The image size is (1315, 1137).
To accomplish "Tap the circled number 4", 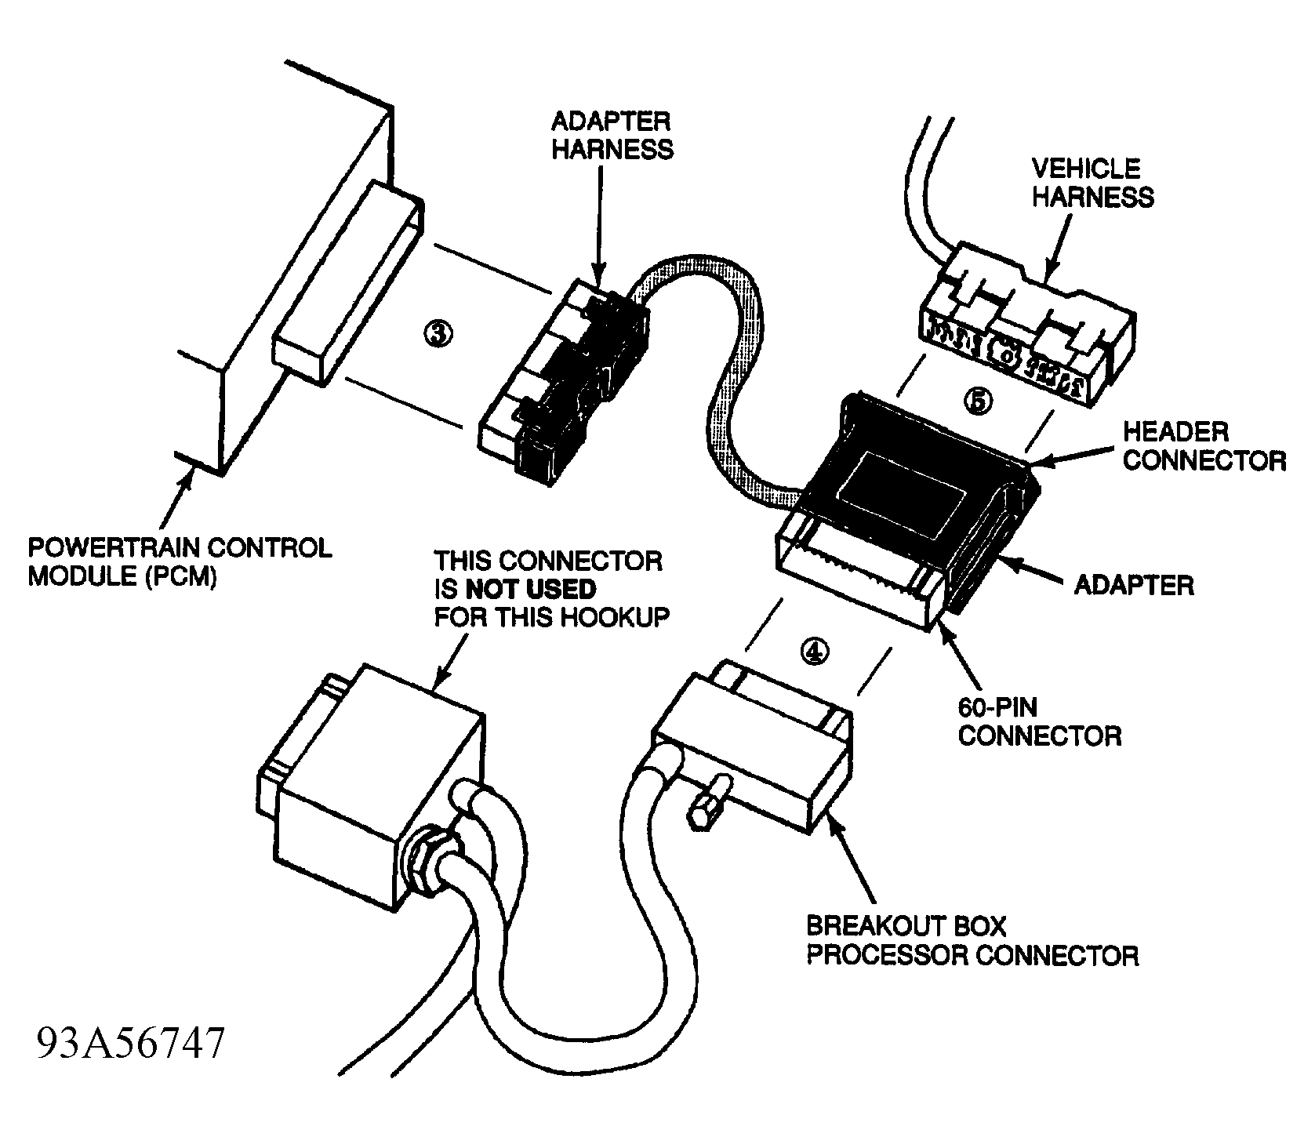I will tap(815, 650).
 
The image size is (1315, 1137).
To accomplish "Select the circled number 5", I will tap(977, 401).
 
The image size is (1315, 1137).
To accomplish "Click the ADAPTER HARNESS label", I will tap(612, 135).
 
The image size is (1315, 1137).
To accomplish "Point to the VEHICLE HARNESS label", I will tap(1092, 182).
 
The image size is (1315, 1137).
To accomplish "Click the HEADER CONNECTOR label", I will tap(1204, 445).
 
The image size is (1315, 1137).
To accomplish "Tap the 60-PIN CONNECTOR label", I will tap(1040, 721).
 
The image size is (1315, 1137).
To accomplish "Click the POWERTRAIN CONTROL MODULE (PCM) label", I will tap(180, 561).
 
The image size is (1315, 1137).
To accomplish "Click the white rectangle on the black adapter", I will tap(902, 488).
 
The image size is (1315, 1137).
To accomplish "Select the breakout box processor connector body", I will tap(753, 753).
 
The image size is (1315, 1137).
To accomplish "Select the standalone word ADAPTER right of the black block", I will tap(1133, 585).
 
